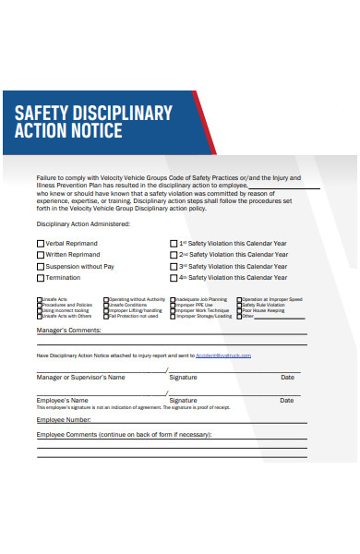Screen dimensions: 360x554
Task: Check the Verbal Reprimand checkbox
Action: point(40,243)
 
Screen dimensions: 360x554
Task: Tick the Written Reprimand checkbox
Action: point(40,254)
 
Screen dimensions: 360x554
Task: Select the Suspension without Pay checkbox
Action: point(40,266)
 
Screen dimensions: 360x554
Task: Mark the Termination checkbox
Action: point(40,278)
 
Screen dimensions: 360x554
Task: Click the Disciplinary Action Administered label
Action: point(83,223)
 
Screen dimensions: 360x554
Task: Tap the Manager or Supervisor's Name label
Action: point(80,378)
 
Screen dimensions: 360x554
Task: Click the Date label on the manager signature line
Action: point(287,378)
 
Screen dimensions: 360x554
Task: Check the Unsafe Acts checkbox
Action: point(39,299)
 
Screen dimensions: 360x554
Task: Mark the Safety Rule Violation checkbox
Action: point(239,305)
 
